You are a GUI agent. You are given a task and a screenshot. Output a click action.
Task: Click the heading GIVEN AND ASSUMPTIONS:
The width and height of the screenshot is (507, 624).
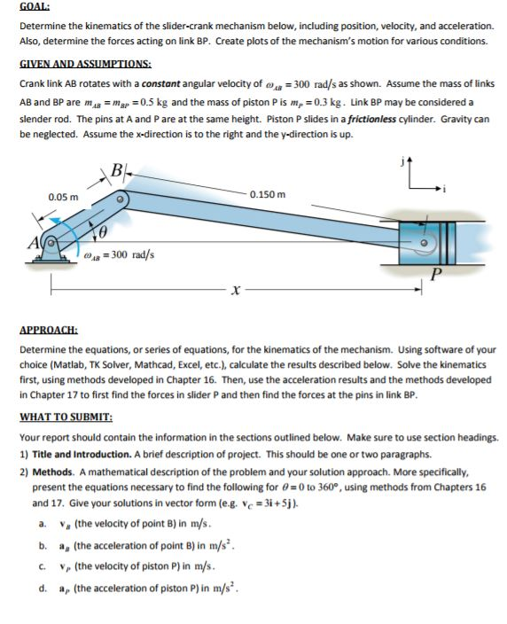pyautogui.click(x=85, y=64)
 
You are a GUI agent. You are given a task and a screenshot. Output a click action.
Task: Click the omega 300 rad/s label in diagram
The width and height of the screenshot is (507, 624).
pyautogui.click(x=121, y=254)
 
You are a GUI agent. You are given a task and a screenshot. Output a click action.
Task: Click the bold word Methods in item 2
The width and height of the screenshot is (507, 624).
pyautogui.click(x=57, y=472)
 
